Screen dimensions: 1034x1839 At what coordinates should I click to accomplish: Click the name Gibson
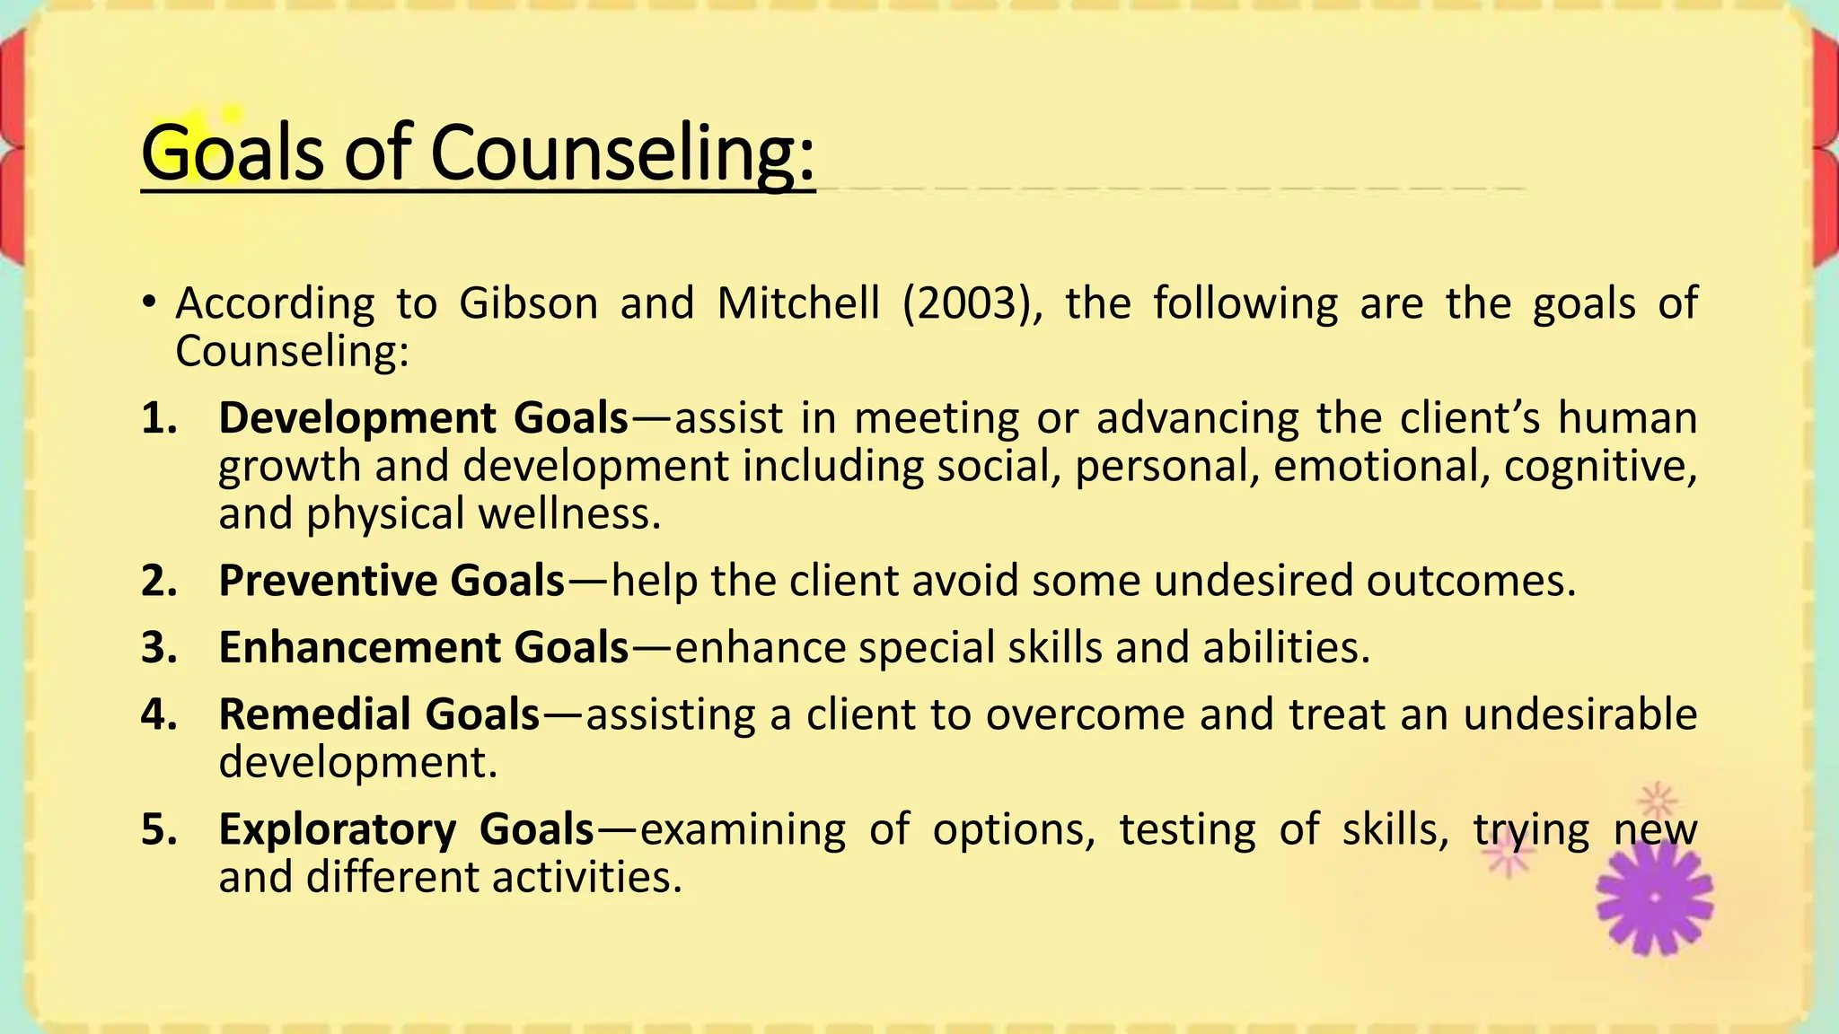pos(528,303)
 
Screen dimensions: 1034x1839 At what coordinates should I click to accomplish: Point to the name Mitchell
pos(798,303)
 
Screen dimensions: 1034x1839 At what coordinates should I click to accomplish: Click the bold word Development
pos(357,418)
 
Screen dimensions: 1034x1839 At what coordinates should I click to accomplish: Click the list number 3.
pos(158,647)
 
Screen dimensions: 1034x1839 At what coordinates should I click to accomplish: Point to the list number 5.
pos(158,828)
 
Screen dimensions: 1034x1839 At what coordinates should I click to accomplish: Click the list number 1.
pos(158,418)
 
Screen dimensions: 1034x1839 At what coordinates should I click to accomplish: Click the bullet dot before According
pos(149,302)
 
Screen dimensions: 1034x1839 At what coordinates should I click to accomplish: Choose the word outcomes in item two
pos(1471,581)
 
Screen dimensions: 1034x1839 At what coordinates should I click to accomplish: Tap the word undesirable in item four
pos(1579,714)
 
